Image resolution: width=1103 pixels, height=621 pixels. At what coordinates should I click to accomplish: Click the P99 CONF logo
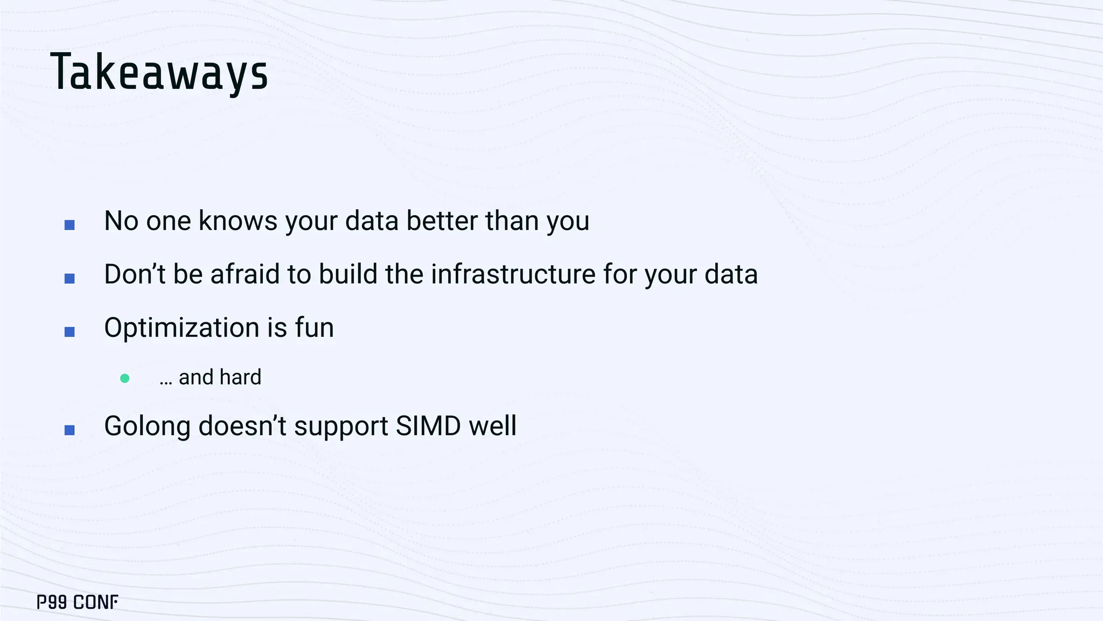pyautogui.click(x=78, y=602)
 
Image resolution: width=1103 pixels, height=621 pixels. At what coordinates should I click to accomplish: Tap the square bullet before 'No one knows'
pyautogui.click(x=69, y=225)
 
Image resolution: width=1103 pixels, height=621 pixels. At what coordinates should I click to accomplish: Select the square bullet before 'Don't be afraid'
pyautogui.click(x=69, y=278)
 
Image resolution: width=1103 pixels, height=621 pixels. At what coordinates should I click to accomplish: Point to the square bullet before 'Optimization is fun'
pyautogui.click(x=69, y=332)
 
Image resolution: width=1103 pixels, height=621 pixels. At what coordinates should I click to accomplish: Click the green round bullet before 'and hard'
pyautogui.click(x=125, y=378)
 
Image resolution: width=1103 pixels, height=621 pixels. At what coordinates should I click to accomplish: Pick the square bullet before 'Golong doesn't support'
pyautogui.click(x=69, y=430)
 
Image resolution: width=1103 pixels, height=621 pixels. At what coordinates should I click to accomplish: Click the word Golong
pyautogui.click(x=147, y=426)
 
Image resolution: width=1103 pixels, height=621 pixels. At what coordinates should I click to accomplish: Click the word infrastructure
pyautogui.click(x=513, y=274)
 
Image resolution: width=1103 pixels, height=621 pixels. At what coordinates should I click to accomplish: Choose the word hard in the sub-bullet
pyautogui.click(x=241, y=377)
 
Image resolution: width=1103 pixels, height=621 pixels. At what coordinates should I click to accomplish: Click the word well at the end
pyautogui.click(x=493, y=426)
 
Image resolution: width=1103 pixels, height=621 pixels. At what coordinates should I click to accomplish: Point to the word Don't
pyautogui.click(x=135, y=274)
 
